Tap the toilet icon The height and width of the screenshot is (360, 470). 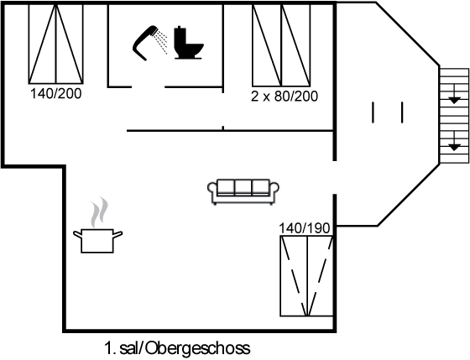tap(188, 42)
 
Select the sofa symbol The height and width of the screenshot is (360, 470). tap(243, 192)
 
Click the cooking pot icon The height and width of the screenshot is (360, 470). tap(97, 240)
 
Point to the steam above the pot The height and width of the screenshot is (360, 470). tap(99, 212)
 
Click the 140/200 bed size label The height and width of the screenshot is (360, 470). tap(55, 94)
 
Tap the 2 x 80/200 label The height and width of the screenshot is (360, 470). tap(285, 97)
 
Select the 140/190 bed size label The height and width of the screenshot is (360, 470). tap(305, 228)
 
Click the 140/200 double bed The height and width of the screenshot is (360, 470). tap(55, 44)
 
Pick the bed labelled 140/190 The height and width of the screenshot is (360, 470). tap(307, 276)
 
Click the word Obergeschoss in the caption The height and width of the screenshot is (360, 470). tap(198, 348)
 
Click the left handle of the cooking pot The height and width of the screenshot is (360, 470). tap(77, 234)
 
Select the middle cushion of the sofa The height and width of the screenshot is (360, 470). tap(243, 187)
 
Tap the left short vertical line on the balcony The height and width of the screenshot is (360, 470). tap(373, 112)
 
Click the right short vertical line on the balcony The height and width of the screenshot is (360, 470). tap(402, 112)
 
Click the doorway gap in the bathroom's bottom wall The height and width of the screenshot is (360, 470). tap(148, 87)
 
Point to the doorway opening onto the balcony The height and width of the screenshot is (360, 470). tap(335, 177)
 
